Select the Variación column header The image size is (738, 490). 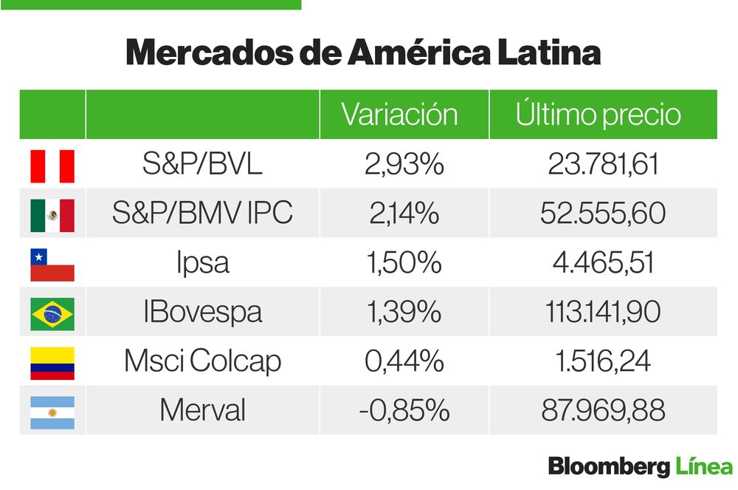pyautogui.click(x=399, y=115)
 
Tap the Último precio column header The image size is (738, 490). pyautogui.click(x=598, y=115)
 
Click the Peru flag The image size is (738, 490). pyautogui.click(x=52, y=166)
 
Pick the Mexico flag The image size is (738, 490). pyautogui.click(x=52, y=215)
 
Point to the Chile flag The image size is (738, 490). pyautogui.click(x=52, y=265)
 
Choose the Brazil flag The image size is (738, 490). pyautogui.click(x=52, y=313)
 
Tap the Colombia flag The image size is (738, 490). pyautogui.click(x=52, y=363)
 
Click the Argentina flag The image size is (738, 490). pyautogui.click(x=52, y=412)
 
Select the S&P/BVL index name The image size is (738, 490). pyautogui.click(x=202, y=165)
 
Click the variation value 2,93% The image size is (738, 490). pyautogui.click(x=404, y=165)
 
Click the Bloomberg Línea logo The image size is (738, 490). pyautogui.click(x=640, y=467)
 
